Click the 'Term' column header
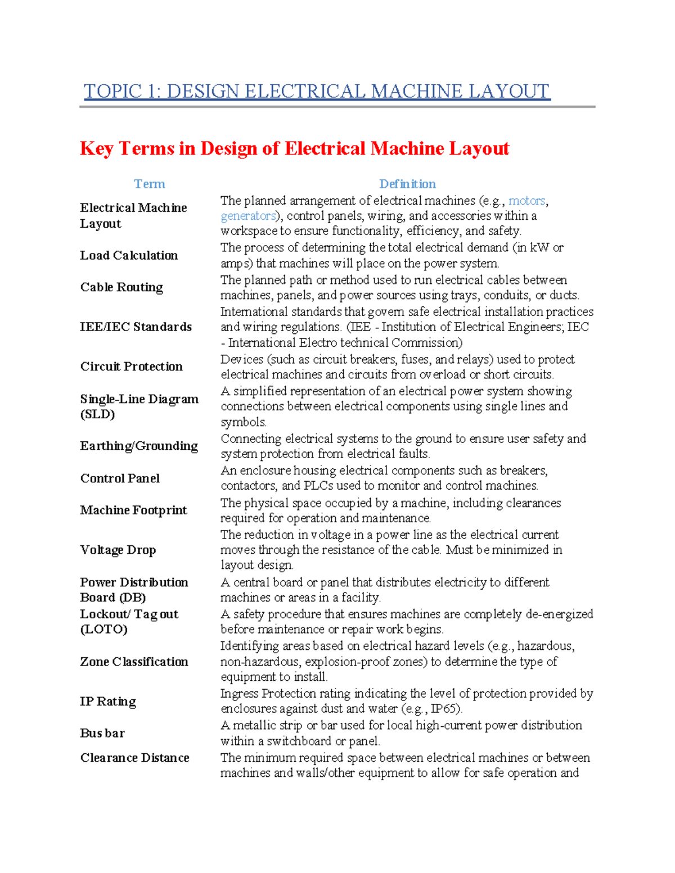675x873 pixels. click(x=149, y=184)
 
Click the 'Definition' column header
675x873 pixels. click(x=407, y=184)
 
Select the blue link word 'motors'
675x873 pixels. click(x=526, y=201)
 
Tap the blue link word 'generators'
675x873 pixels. click(x=248, y=216)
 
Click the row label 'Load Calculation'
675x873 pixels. click(x=129, y=255)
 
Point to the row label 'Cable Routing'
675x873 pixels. click(x=121, y=287)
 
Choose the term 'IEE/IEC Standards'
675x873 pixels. click(x=136, y=327)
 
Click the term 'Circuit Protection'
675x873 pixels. click(x=131, y=367)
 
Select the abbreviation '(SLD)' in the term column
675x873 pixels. click(x=97, y=414)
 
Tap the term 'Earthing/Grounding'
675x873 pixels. click(x=139, y=446)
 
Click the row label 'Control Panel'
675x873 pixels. click(x=120, y=478)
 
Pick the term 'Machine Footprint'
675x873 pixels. click(x=133, y=510)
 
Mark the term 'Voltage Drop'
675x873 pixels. click(x=118, y=550)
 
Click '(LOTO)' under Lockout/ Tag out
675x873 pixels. click(x=103, y=629)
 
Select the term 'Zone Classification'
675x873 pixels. click(x=134, y=662)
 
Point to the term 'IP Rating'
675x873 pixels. click(x=108, y=702)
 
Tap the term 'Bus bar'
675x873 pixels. click(x=102, y=733)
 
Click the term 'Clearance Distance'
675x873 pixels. click(x=134, y=758)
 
